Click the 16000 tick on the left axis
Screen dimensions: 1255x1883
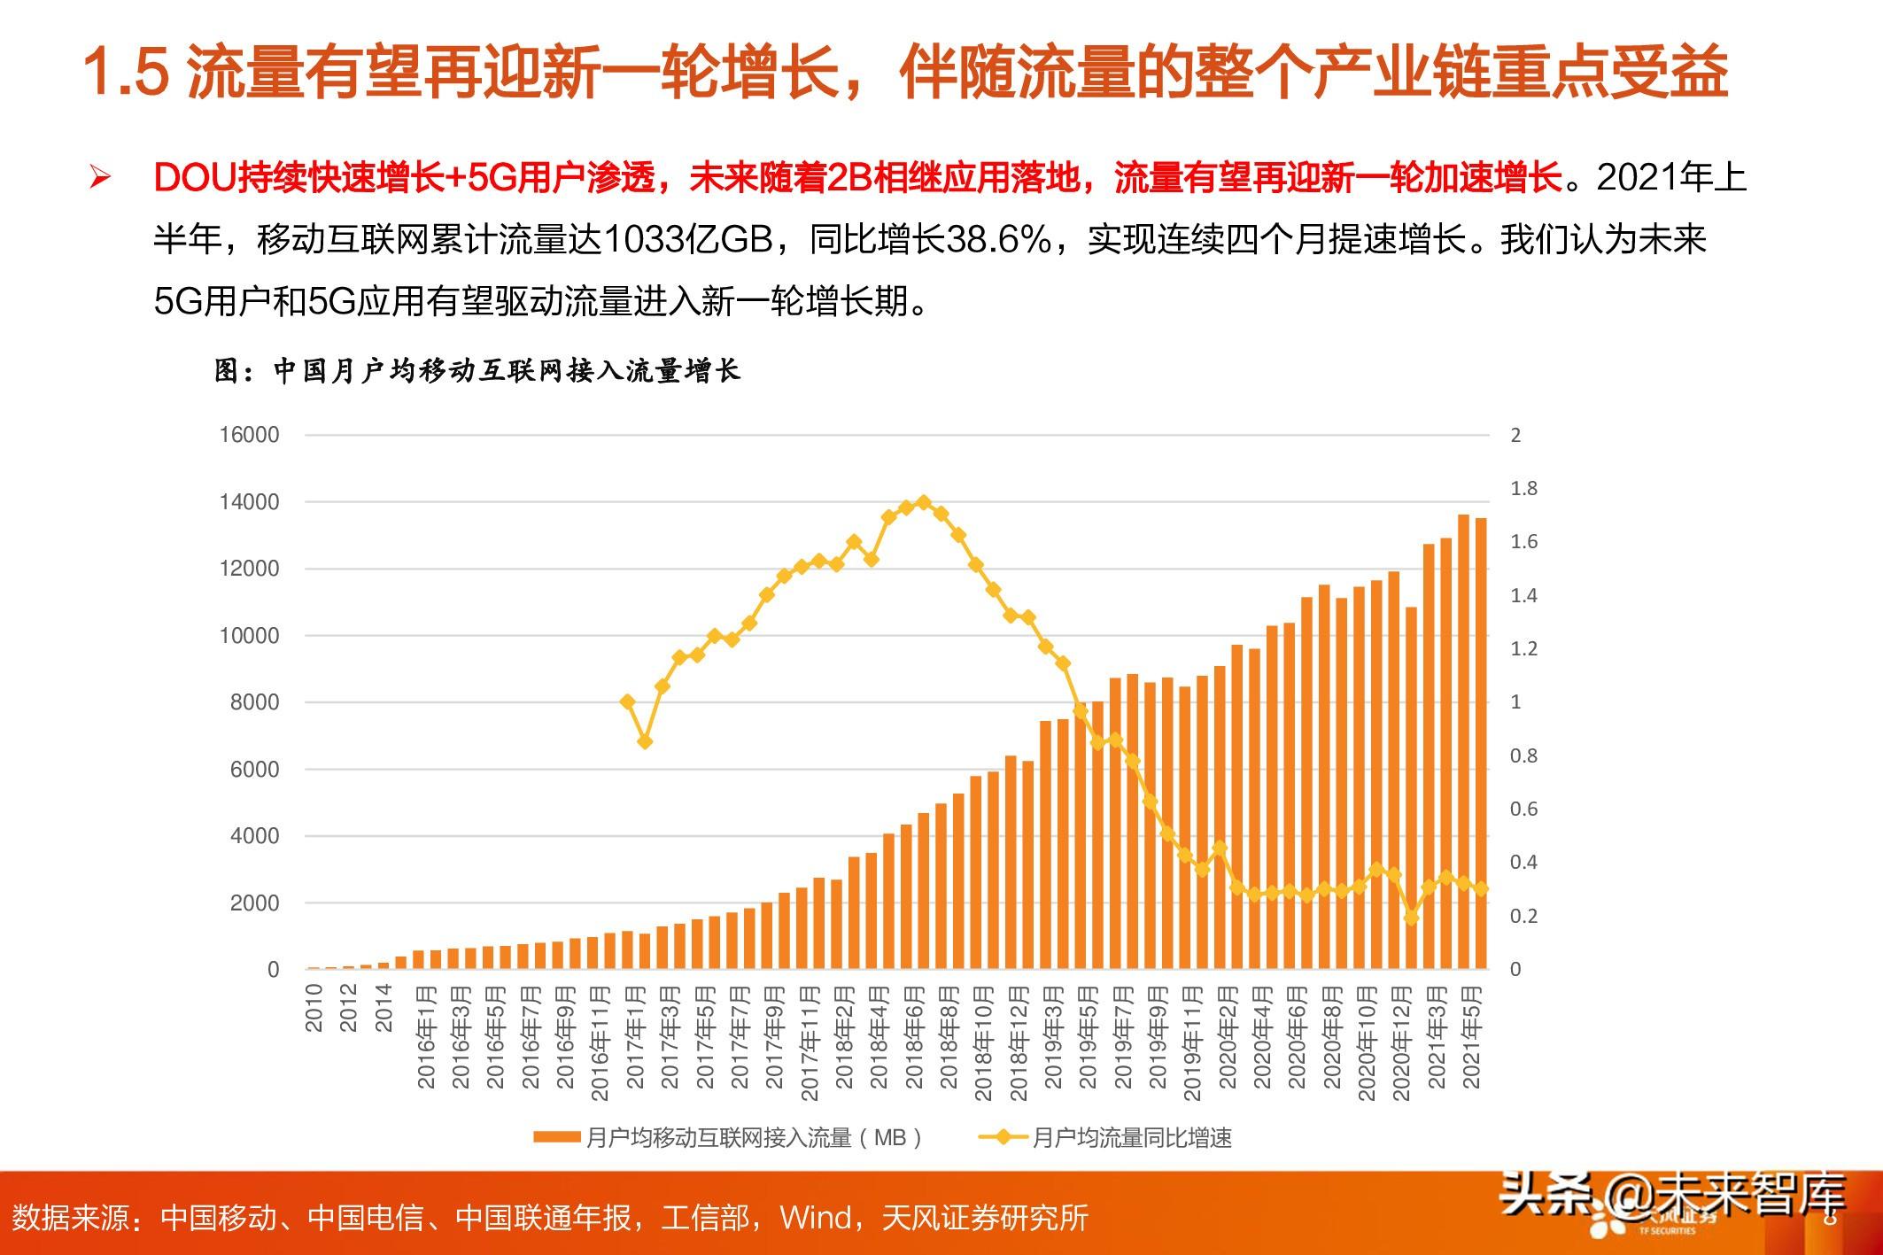[x=249, y=435]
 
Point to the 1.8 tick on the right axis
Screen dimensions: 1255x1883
[x=1523, y=489]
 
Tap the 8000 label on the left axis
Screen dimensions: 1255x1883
[x=254, y=702]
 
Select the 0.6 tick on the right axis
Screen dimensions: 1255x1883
[x=1523, y=809]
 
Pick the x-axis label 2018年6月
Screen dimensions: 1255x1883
[x=915, y=1036]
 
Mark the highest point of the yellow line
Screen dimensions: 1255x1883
[x=924, y=502]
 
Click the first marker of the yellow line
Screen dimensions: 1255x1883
[x=628, y=701]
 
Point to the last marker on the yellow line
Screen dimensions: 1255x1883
[x=1481, y=888]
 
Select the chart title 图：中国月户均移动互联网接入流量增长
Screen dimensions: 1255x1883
[x=477, y=370]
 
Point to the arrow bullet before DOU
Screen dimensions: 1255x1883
[x=99, y=178]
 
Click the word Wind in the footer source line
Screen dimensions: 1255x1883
[x=814, y=1218]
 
